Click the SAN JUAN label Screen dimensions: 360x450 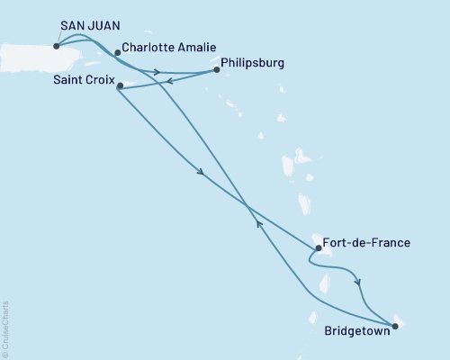pos(88,28)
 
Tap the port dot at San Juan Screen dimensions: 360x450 pos(56,46)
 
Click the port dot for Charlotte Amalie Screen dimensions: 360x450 pos(117,52)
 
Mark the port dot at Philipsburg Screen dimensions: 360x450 pos(216,70)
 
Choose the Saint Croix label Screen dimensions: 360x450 pos(82,82)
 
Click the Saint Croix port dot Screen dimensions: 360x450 pos(120,86)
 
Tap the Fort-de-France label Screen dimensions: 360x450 pos(368,243)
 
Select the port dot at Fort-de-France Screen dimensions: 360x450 pos(318,248)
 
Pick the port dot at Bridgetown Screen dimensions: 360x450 pos(394,325)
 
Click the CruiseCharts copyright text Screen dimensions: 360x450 pos(5,328)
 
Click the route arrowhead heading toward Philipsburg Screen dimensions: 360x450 pos(157,72)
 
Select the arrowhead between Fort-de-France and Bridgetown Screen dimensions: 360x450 pos(359,282)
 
